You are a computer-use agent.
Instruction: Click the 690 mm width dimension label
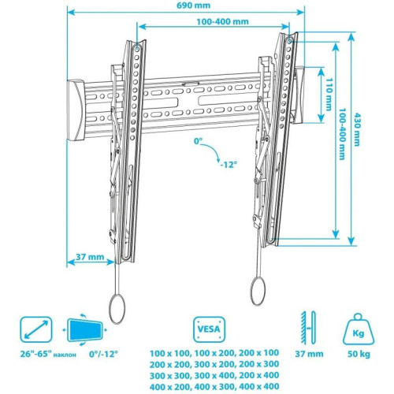point(187,6)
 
